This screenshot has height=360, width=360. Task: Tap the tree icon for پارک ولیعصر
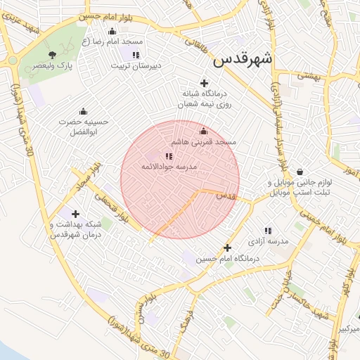pos(52,55)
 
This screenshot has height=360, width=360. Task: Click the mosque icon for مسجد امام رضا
pos(112,31)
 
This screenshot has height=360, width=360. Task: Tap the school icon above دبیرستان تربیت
pos(136,54)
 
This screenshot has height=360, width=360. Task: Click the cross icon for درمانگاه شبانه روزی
pos(205,83)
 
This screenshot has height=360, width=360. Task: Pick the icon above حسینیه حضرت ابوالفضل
pos(83,111)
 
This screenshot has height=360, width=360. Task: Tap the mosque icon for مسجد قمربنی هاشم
pos(204,131)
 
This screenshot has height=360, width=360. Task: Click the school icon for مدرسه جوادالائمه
pos(168,156)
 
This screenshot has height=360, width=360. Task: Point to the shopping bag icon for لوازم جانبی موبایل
pos(300,172)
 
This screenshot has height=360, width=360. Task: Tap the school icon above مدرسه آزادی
pos(268,230)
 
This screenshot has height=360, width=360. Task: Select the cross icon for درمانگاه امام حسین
pos(227,247)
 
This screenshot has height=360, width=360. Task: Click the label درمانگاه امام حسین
pos(227,259)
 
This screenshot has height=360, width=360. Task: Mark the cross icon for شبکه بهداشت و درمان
pos(76,214)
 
